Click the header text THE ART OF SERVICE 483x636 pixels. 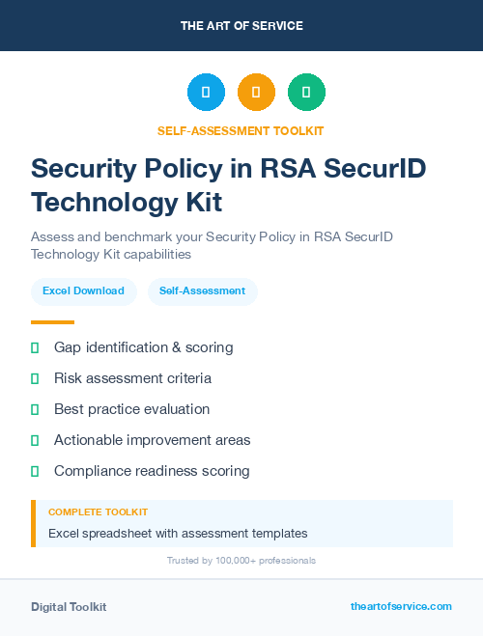[x=241, y=26]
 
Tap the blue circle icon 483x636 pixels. [x=206, y=92]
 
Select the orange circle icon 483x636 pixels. [x=256, y=92]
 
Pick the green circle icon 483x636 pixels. [x=307, y=92]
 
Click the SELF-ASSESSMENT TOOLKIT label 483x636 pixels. [x=241, y=130]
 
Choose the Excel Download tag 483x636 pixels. [x=83, y=290]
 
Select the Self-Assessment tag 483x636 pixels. [x=202, y=290]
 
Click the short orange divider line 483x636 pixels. [x=52, y=322]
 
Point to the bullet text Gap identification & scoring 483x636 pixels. [x=143, y=346]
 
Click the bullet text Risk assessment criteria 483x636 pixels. [x=132, y=378]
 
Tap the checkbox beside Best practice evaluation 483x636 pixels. [x=35, y=409]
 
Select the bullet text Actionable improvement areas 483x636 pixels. [x=152, y=440]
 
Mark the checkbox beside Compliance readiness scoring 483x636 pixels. [x=35, y=471]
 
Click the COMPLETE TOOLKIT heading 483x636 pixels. [x=98, y=512]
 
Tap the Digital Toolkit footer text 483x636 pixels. [x=69, y=607]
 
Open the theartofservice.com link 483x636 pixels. [x=401, y=606]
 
